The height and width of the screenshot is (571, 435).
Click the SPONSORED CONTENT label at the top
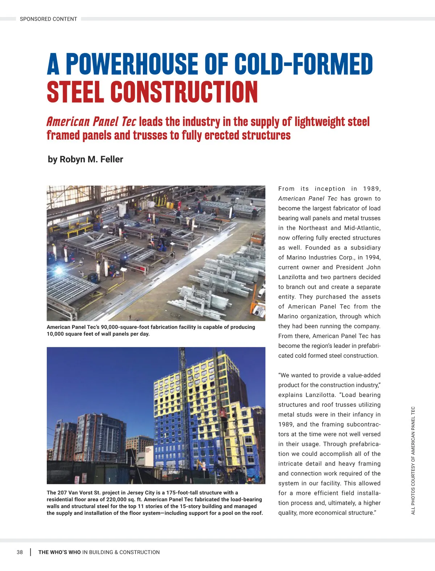click(48, 19)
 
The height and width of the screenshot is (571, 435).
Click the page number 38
click(20, 552)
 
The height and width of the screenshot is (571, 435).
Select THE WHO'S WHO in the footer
click(59, 552)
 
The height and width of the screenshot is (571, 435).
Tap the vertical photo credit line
click(413, 460)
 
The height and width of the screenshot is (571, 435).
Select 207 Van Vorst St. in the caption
click(79, 493)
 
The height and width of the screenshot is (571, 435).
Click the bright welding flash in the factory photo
click(58, 270)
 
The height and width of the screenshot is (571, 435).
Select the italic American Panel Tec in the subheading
click(91, 121)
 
